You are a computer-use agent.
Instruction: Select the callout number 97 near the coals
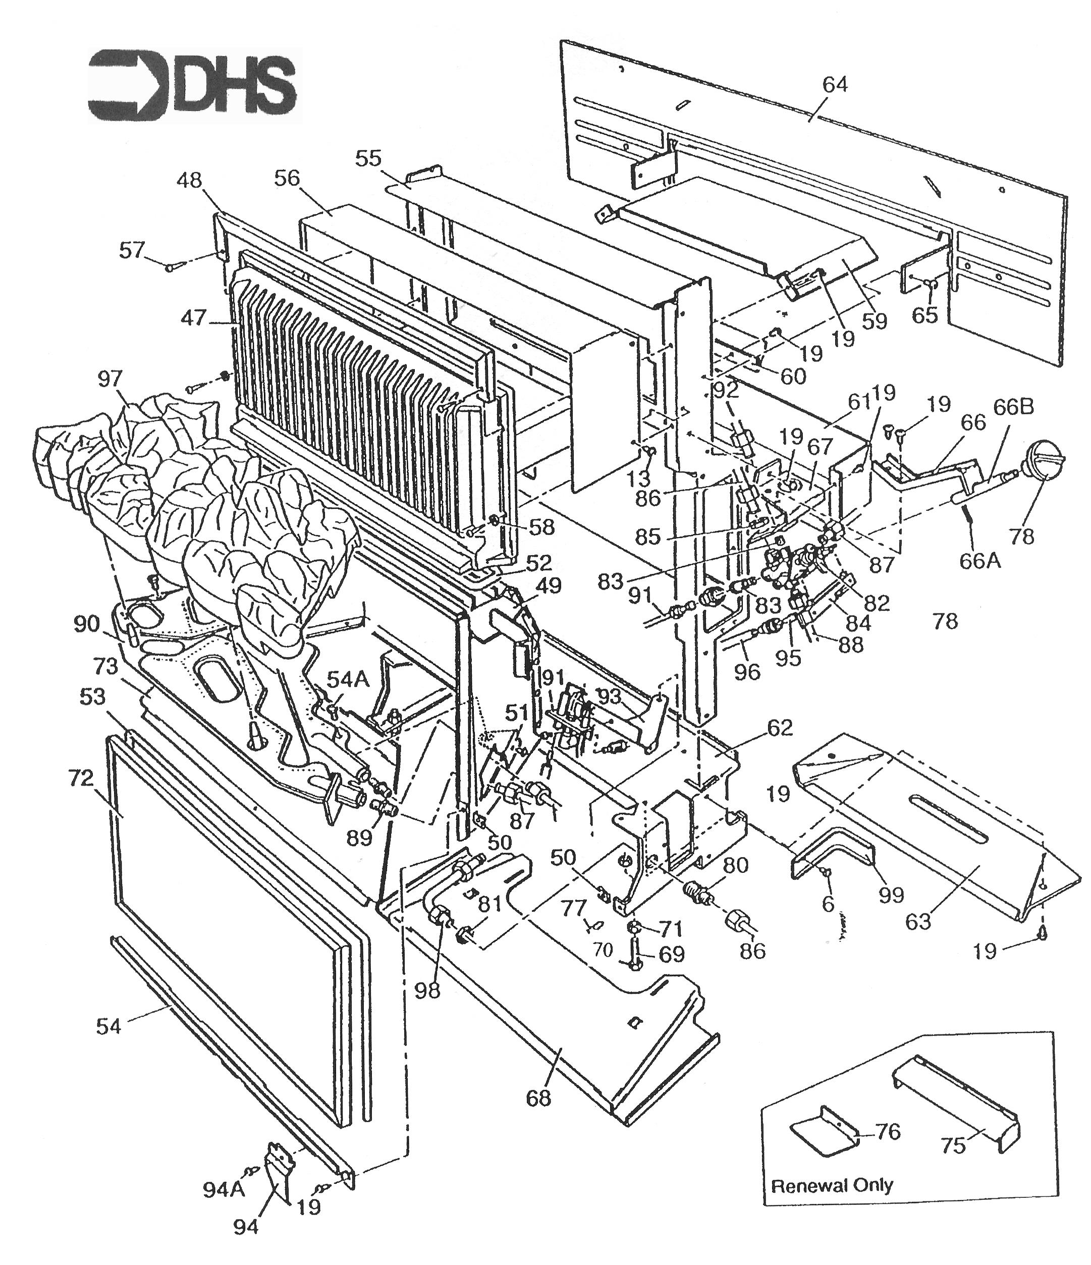click(x=111, y=379)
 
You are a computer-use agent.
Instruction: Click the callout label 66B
click(x=1013, y=407)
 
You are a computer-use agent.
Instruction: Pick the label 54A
click(x=348, y=679)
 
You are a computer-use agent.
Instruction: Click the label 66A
click(x=980, y=560)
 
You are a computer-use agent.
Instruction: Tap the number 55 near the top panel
click(x=368, y=159)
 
